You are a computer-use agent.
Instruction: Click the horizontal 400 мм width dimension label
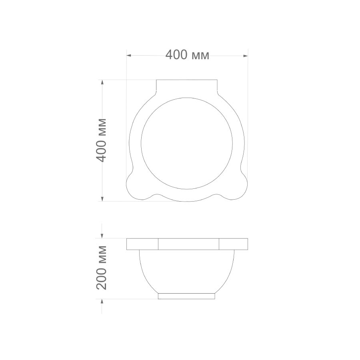tap(187, 55)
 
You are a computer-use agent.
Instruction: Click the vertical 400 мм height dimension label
tap(101, 140)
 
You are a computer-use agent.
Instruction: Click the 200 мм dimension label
tap(101, 268)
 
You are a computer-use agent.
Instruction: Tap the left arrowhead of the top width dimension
tap(129, 56)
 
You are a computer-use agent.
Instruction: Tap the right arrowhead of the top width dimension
tap(246, 56)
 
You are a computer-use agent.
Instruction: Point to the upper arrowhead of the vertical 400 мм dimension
tap(102, 82)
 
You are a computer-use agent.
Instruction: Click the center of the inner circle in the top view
tap(187, 143)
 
